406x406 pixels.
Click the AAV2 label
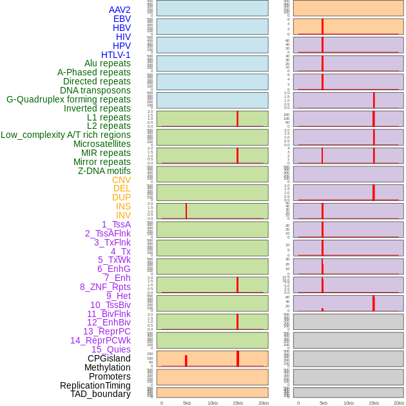pos(119,10)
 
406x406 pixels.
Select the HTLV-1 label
pos(115,55)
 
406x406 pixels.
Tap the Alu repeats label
pos(107,63)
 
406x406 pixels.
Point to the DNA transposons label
pos(95,90)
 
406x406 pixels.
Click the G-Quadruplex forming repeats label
pos(68,99)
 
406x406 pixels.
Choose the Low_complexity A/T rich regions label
pos(66,135)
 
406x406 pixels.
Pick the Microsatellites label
pos(102,144)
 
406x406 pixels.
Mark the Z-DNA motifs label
pos(104,171)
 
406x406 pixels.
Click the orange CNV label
pos(121,180)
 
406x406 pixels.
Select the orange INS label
pos(123,206)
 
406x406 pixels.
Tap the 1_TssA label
pos(116,224)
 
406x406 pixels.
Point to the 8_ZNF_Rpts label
pos(105,287)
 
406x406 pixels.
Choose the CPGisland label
pos(109,358)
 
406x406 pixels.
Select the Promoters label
pos(110,376)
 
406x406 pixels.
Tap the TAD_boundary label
pos(101,394)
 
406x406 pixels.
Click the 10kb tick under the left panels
pos(212,403)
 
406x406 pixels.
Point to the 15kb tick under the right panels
pos(374,403)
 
